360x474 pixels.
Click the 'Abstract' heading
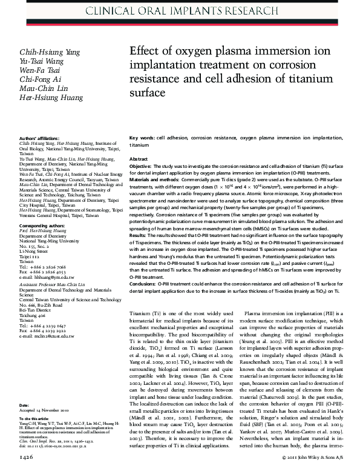[139, 158]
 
